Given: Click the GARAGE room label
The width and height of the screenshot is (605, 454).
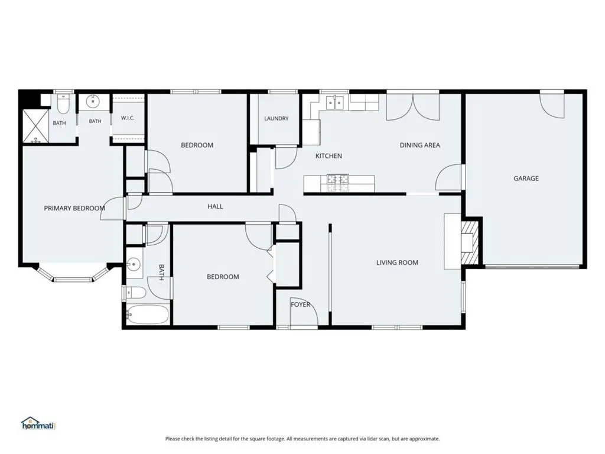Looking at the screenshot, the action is click(526, 179).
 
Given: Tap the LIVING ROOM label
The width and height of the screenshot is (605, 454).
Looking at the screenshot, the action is click(397, 262).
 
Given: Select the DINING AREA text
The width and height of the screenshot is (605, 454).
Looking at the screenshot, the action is click(419, 145).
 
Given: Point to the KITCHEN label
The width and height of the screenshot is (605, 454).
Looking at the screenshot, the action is click(328, 156).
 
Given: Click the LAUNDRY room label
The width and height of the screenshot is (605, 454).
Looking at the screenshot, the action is click(277, 118).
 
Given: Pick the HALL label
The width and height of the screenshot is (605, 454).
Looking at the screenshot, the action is click(215, 206).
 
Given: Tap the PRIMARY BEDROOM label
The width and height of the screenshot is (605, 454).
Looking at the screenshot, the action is click(74, 209).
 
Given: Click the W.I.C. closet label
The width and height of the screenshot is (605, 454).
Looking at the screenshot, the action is click(128, 118).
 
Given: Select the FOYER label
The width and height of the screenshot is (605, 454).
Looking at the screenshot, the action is click(300, 304).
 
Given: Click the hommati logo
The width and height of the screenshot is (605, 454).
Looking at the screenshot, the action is click(38, 423).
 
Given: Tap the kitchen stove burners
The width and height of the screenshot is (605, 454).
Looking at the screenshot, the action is click(337, 183).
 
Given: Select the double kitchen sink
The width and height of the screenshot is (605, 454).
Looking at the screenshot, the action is click(335, 102).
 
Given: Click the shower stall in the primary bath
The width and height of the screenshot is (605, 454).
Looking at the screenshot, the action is click(36, 127).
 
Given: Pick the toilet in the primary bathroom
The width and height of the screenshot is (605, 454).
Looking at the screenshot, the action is click(63, 103).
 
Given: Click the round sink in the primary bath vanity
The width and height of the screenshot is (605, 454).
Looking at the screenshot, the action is click(93, 102).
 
